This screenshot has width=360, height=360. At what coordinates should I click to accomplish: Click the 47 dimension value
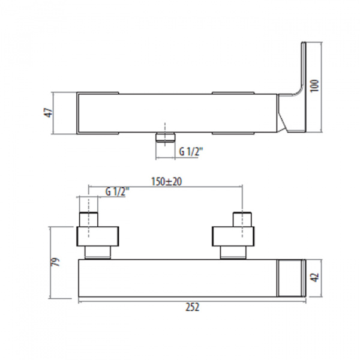(x=49, y=113)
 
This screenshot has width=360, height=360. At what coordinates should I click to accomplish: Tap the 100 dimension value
(x=314, y=86)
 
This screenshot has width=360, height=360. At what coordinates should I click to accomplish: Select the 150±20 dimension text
(x=166, y=181)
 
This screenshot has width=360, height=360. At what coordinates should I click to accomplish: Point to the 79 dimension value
(x=55, y=262)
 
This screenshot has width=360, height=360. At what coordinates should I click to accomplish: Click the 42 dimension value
(x=314, y=277)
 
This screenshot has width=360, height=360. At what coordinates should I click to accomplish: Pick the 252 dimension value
(x=193, y=307)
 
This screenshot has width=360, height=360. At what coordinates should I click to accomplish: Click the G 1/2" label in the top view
(x=191, y=152)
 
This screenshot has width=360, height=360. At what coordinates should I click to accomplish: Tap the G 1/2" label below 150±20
(x=118, y=192)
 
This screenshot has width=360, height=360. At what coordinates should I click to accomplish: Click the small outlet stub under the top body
(x=165, y=137)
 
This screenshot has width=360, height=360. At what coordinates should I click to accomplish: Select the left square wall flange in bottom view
(x=98, y=236)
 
